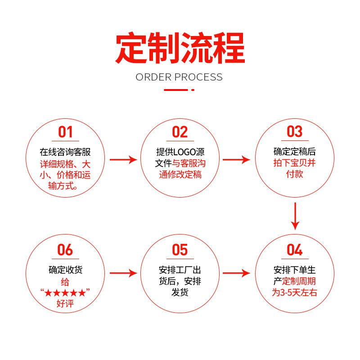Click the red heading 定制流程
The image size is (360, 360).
pyautogui.click(x=180, y=48)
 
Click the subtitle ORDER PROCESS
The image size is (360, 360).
pyautogui.click(x=179, y=77)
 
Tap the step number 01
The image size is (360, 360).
pyautogui.click(x=65, y=132)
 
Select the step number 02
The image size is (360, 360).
pyautogui.click(x=180, y=132)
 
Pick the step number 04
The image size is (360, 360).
pyautogui.click(x=295, y=250)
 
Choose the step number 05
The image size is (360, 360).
pyautogui.click(x=180, y=250)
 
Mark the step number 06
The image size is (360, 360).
pyautogui.click(x=65, y=250)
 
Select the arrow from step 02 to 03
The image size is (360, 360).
pyautogui.click(x=236, y=159)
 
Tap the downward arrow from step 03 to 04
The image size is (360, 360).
pyautogui.click(x=295, y=216)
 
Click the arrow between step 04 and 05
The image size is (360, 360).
pyautogui.click(x=236, y=273)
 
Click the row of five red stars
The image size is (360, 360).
pyautogui.click(x=65, y=293)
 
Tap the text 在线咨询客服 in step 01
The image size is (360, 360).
pyautogui.click(x=65, y=152)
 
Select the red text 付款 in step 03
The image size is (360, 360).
pyautogui.click(x=295, y=174)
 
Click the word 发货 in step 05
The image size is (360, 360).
pyautogui.click(x=180, y=292)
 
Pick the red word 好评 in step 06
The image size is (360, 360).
pyautogui.click(x=65, y=304)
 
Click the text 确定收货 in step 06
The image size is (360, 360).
pyautogui.click(x=65, y=270)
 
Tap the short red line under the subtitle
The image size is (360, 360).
pyautogui.click(x=176, y=90)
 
